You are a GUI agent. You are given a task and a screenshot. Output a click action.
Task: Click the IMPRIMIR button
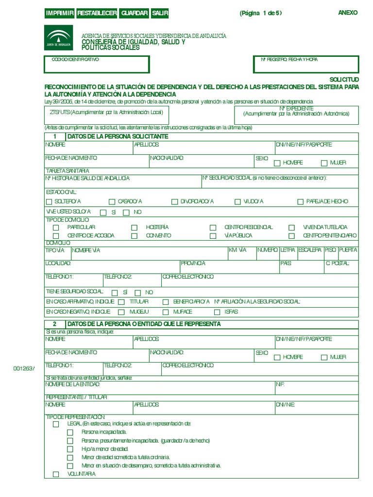[59, 13]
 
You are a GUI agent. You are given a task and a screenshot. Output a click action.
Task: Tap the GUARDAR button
[134, 13]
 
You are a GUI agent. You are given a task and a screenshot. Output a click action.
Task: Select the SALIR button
[159, 13]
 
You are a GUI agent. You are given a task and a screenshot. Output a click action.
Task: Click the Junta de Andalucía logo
[58, 38]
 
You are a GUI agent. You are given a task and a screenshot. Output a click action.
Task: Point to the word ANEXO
[348, 13]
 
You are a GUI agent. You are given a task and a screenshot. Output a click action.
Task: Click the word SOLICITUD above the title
[344, 79]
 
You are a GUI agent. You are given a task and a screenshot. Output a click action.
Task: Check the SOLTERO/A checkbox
[49, 202]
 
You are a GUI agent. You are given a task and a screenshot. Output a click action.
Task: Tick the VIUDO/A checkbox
[238, 202]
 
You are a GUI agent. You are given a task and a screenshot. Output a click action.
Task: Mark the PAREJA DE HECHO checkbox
[301, 202]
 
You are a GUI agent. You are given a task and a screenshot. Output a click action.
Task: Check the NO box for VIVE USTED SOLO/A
[126, 212]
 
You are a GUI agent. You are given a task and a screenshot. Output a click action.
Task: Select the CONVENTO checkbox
[134, 236]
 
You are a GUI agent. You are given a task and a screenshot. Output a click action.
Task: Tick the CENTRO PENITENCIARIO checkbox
[291, 236]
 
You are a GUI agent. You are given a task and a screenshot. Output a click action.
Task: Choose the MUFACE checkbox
[166, 312]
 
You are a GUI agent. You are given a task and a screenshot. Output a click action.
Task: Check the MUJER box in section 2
[324, 358]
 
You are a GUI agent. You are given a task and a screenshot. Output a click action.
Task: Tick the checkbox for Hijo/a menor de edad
[70, 449]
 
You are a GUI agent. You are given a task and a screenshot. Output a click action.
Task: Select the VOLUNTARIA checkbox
[56, 474]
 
